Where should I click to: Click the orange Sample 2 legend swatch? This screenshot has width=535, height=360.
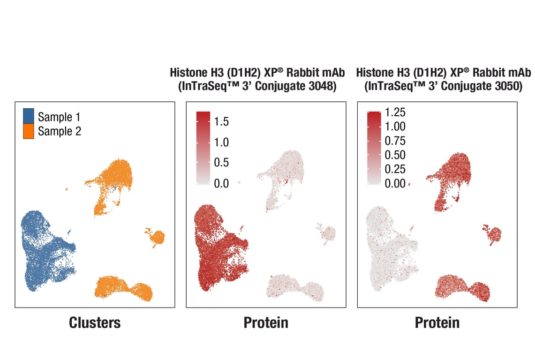29,131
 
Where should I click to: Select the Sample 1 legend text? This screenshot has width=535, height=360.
60,117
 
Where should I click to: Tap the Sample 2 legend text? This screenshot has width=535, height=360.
60,131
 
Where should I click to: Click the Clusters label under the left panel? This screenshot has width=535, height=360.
95,322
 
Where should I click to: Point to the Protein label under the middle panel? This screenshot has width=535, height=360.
266,322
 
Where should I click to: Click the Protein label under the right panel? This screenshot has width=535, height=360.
437,322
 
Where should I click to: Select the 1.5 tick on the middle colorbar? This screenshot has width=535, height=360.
221,122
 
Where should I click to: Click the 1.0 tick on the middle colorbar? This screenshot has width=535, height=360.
221,142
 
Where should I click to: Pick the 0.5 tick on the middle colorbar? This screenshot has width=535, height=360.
221,163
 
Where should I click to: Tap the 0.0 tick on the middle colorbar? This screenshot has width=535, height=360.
221,183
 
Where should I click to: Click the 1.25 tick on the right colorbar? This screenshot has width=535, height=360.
395,112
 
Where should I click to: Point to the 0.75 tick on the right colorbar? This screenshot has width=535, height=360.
395,141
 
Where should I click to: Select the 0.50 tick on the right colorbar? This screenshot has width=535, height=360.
395,155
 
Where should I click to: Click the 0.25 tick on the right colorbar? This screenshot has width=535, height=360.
395,169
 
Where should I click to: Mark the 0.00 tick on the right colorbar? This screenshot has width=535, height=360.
395,183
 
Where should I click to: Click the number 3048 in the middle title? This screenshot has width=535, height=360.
323,86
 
